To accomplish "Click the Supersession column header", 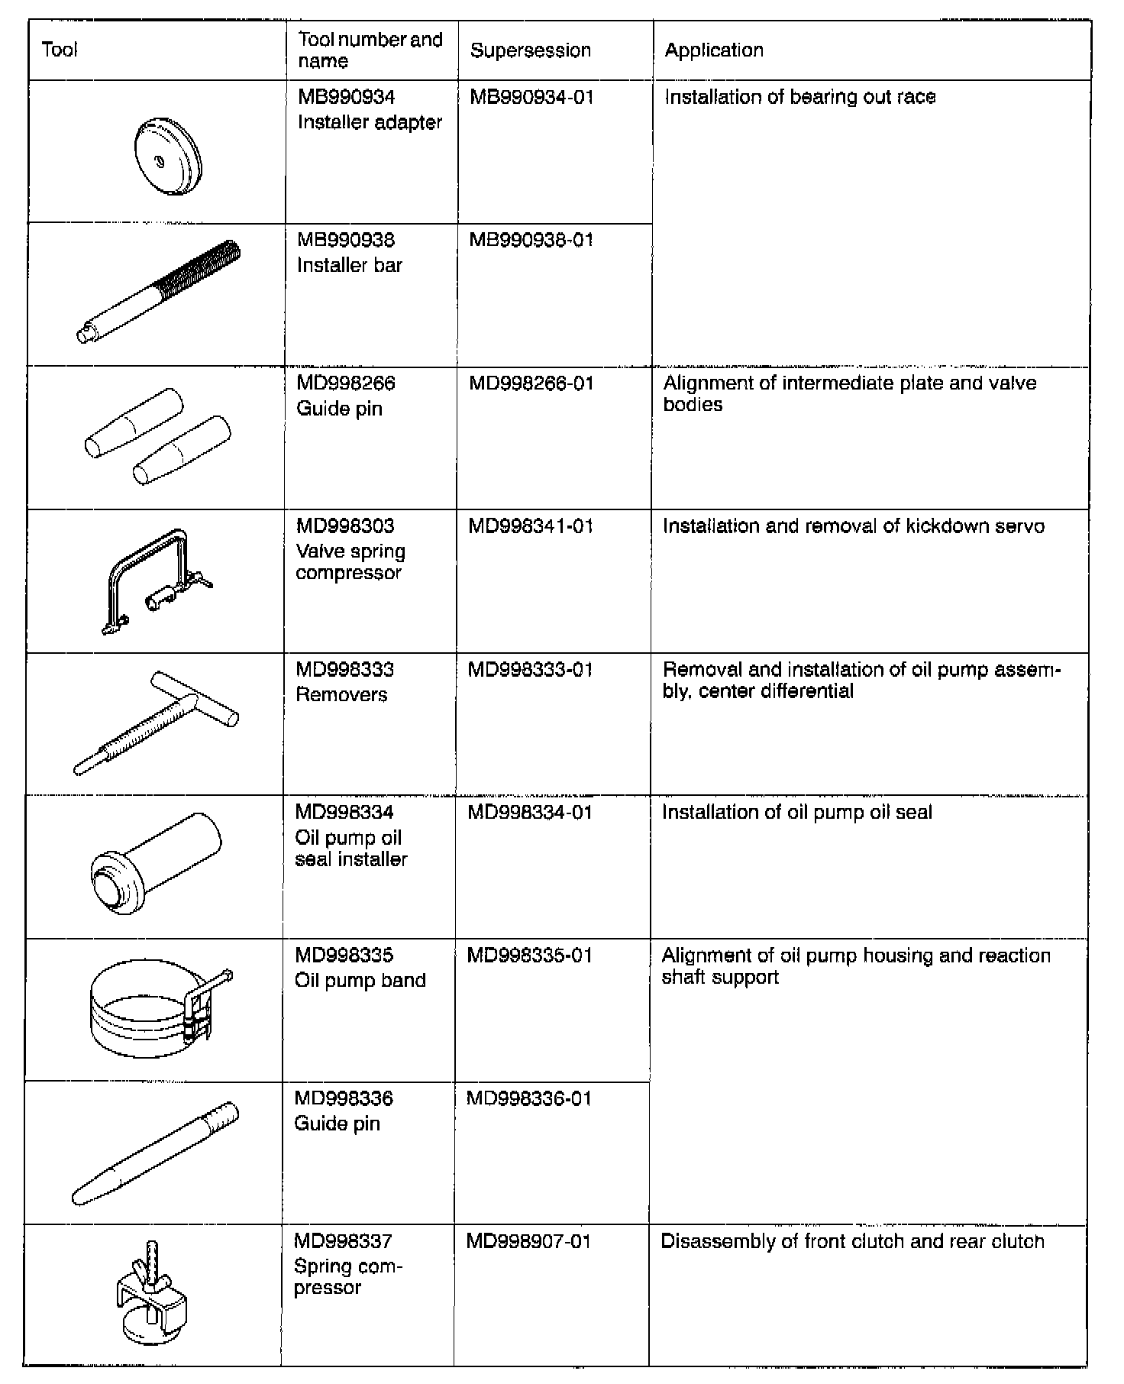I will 531,50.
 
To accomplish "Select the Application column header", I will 714,50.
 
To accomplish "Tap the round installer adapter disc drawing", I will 167,156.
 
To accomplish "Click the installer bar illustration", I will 159,292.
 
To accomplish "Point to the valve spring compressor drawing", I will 153,581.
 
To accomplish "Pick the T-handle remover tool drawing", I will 157,722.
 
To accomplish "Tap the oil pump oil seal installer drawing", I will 156,862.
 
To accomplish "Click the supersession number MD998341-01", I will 531,526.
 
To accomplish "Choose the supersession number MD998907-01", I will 528,1241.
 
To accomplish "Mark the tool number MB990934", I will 347,97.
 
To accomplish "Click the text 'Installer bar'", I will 350,265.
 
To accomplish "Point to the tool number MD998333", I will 345,670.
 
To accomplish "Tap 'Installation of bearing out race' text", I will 800,97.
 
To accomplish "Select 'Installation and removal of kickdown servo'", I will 854,526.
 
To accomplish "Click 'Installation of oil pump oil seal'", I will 797,812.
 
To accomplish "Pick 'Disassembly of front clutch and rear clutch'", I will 852,1241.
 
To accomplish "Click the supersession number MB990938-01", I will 531,240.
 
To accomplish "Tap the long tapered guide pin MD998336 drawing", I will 155,1154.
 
